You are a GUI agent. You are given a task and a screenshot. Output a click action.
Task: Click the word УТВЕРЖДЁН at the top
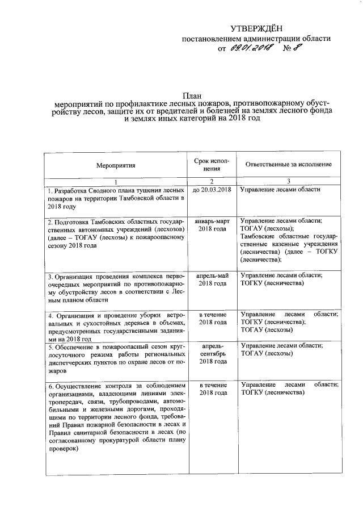255,28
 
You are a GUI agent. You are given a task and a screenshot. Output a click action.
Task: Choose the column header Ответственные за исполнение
288,164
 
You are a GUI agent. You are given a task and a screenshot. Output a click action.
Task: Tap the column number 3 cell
288,181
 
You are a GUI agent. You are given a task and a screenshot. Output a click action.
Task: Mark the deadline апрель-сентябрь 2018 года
212,353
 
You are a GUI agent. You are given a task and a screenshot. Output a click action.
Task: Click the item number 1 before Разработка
49,190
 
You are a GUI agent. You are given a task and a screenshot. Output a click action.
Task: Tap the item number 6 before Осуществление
49,386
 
